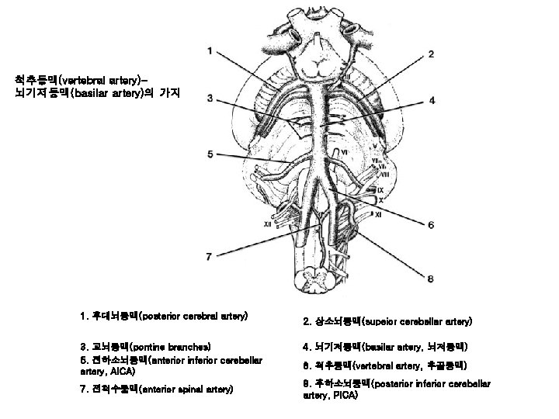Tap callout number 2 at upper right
click(x=430, y=54)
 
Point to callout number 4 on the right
click(x=432, y=101)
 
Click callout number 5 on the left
click(x=210, y=154)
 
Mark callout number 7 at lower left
click(x=208, y=255)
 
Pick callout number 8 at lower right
click(x=430, y=278)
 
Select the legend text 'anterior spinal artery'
click(x=187, y=388)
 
